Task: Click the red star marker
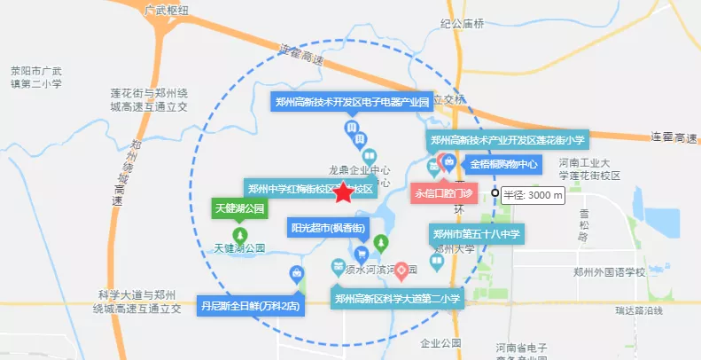pyautogui.click(x=343, y=194)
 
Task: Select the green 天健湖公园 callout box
pyautogui.click(x=240, y=209)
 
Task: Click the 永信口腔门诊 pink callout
pyautogui.click(x=444, y=192)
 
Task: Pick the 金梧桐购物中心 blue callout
pyautogui.click(x=503, y=164)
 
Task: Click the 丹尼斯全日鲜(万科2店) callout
pyautogui.click(x=251, y=306)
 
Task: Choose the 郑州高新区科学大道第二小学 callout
pyautogui.click(x=397, y=299)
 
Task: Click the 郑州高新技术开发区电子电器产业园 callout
pyautogui.click(x=351, y=102)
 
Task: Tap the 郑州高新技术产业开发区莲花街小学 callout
pyautogui.click(x=508, y=139)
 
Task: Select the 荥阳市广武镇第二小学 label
pyautogui.click(x=36, y=77)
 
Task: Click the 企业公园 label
pyautogui.click(x=442, y=342)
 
